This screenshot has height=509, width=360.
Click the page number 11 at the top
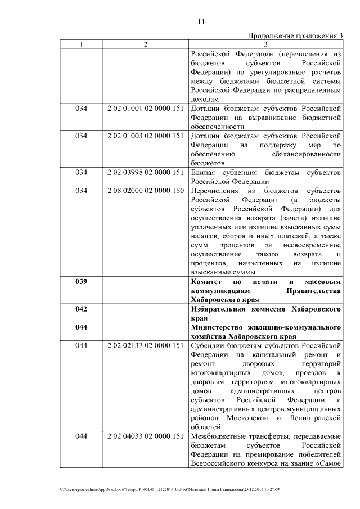pos(201,22)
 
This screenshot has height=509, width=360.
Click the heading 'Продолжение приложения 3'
pos(295,37)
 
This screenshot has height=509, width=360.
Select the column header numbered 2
pos(146,45)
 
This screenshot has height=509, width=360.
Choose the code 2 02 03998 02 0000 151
pos(146,172)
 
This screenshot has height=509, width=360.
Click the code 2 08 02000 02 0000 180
pos(146,191)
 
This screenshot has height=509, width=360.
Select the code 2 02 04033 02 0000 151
pos(146,436)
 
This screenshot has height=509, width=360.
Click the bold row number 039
pos(81,282)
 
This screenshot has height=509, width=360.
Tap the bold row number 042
pos(81,309)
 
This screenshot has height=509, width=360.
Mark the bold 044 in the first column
pos(81,327)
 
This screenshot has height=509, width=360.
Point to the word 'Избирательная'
pos(220,309)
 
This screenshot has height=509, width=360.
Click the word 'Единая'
pos(203,172)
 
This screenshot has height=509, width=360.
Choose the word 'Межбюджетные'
pos(216,436)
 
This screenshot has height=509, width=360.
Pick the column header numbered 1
pos(81,45)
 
